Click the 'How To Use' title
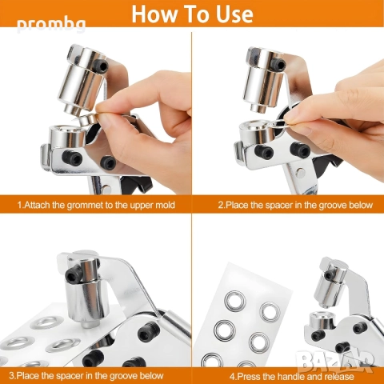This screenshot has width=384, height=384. [x=192, y=14]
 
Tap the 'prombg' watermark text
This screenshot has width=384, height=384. [x=51, y=25]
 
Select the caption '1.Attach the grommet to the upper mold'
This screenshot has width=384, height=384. [x=96, y=205]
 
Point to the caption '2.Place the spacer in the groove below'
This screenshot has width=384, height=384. [x=295, y=205]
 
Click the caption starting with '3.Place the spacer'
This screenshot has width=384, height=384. [x=86, y=375]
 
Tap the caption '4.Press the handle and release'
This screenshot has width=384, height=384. [x=292, y=377]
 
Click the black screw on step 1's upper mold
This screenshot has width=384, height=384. [x=102, y=66]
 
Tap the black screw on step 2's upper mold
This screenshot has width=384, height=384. [x=278, y=64]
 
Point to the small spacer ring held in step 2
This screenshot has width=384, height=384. [x=279, y=123]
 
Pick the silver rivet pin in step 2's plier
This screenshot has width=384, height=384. [x=300, y=171]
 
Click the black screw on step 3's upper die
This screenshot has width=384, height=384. [x=72, y=274]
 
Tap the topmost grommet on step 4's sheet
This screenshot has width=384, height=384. [x=235, y=300]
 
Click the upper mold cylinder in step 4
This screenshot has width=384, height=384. [x=330, y=282]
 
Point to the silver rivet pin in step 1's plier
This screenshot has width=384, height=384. [x=107, y=188]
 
